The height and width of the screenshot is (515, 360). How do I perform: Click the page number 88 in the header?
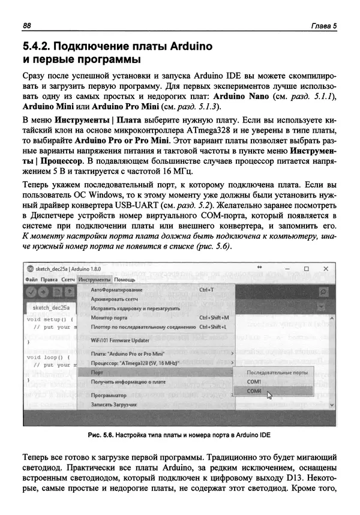pyautogui.click(x=26, y=25)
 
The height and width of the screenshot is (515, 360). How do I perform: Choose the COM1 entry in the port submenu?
pyautogui.click(x=254, y=381)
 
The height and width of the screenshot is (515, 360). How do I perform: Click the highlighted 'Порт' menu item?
pyautogui.click(x=97, y=372)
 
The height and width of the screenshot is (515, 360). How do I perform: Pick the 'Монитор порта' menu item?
pyautogui.click(x=109, y=317)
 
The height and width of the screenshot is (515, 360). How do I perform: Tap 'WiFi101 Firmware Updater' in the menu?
pyautogui.click(x=119, y=340)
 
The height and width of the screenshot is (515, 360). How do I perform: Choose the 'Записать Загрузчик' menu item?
pyautogui.click(x=114, y=405)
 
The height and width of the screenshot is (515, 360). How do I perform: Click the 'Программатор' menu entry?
pyautogui.click(x=109, y=396)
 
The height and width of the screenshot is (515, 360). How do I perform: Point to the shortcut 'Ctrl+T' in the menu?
pyautogui.click(x=207, y=289)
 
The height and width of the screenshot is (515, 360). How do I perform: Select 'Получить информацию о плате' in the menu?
pyautogui.click(x=128, y=382)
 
